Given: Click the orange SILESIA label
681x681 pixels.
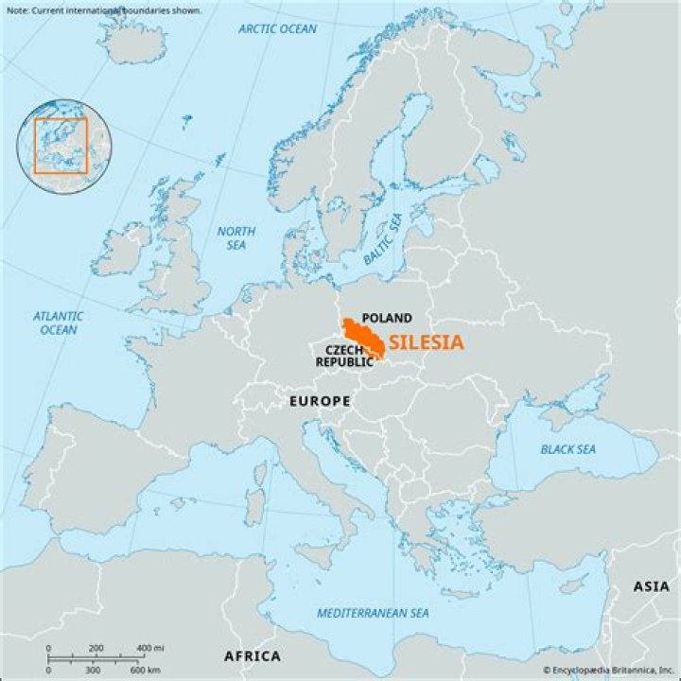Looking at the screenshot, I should pos(426,343).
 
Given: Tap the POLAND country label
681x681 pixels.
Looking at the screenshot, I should pos(387,318).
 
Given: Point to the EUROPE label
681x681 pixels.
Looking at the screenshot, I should pos(320,401).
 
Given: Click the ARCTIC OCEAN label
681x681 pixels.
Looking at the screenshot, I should pos(277,29).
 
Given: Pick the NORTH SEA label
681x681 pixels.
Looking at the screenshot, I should pos(236,238).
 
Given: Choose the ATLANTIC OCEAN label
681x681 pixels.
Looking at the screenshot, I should pos(58,323).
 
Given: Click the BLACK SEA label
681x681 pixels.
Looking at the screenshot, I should pos(567,449).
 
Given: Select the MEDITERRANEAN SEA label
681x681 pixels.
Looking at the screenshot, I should pos(373,614).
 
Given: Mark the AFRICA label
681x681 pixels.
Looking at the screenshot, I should pos(252,656).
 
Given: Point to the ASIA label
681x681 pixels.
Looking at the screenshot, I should pos(651,587).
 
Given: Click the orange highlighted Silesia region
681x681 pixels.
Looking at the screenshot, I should pos(362,336).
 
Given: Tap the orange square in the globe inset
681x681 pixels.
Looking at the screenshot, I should pos(61,145).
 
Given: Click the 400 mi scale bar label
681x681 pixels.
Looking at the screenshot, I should pos(148,647).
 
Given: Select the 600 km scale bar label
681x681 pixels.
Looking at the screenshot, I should pos(144,670).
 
